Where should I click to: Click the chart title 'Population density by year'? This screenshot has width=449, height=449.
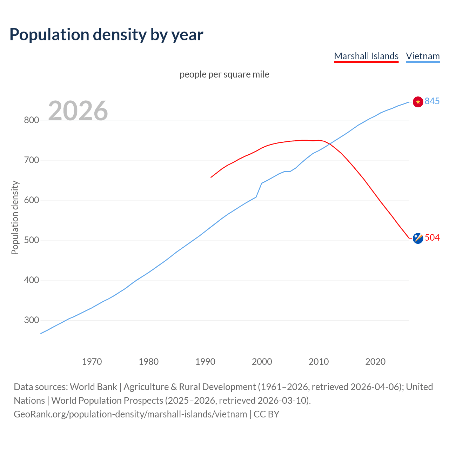pyautogui.click(x=106, y=35)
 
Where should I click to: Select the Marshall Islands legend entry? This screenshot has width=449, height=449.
pyautogui.click(x=366, y=56)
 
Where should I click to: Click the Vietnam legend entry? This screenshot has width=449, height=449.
pyautogui.click(x=423, y=56)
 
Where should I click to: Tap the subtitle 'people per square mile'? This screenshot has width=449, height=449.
pyautogui.click(x=224, y=74)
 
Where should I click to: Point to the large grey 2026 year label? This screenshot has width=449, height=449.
pyautogui.click(x=78, y=111)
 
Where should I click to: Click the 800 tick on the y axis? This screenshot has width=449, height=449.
pyautogui.click(x=31, y=120)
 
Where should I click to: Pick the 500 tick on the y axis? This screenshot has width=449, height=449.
pyautogui.click(x=31, y=240)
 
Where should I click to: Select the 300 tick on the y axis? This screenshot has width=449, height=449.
pyautogui.click(x=31, y=320)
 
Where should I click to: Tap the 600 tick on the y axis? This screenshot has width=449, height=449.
pyautogui.click(x=31, y=200)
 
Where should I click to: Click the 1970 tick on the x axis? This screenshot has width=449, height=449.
pyautogui.click(x=92, y=361)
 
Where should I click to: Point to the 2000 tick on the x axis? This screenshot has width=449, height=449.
pyautogui.click(x=262, y=361)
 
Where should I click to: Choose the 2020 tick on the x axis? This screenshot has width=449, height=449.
pyautogui.click(x=375, y=361)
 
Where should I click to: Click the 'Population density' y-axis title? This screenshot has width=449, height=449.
pyautogui.click(x=15, y=217)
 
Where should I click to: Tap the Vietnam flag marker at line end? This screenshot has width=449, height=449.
pyautogui.click(x=418, y=102)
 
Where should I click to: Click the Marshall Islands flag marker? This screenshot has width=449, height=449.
pyautogui.click(x=418, y=238)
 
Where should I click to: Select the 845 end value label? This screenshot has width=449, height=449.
pyautogui.click(x=432, y=101)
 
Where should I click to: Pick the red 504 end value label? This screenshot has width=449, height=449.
pyautogui.click(x=432, y=237)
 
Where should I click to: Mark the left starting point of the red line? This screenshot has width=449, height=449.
pyautogui.click(x=211, y=177)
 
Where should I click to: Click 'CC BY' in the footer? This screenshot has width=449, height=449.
pyautogui.click(x=266, y=414)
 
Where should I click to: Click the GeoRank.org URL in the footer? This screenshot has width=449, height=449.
pyautogui.click(x=130, y=414)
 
